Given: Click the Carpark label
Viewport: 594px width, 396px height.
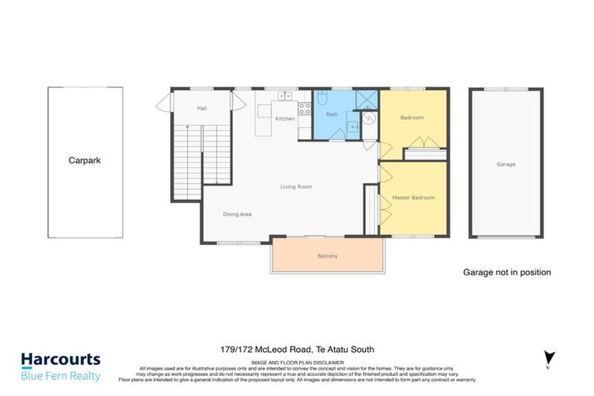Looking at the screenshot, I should coord(84,161).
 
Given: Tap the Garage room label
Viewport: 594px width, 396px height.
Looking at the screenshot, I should coord(506,164).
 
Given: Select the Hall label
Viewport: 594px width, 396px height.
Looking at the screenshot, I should coord(202,108).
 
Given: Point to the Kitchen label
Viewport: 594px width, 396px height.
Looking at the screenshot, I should coord(285,118).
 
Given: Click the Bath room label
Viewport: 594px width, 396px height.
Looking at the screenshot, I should coord(332,114).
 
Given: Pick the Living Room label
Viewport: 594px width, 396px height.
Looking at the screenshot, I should coord(295,186).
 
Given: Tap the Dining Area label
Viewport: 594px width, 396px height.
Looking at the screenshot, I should coord(237,214).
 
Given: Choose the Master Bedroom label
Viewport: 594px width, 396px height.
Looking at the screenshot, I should coord(413,197).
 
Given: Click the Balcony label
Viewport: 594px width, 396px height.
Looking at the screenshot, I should coord(328,256).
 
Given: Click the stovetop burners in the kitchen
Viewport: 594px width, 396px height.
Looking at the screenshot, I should coord(304,108).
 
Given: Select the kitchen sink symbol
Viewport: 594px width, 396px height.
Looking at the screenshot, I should coord(285,97).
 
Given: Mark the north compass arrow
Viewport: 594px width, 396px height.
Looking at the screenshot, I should coord(550,358).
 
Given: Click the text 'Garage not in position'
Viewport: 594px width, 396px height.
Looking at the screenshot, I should coord(507,272).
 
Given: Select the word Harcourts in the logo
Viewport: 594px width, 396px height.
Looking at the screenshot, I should coord(60,360).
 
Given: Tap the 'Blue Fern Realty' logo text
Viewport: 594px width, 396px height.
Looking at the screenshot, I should coord(60,376).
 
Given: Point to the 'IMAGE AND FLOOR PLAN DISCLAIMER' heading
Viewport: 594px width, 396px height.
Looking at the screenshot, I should coord(297,362).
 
